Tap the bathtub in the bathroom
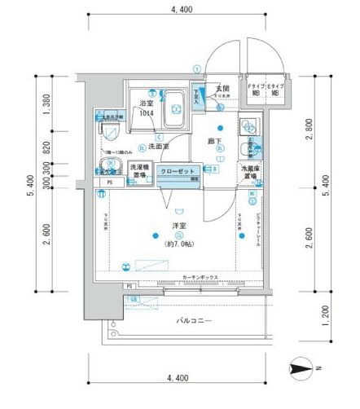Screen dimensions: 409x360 pyautogui.click(x=173, y=109)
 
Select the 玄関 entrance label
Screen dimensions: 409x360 pyautogui.click(x=222, y=89)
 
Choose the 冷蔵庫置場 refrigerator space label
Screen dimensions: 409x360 pyautogui.click(x=249, y=172)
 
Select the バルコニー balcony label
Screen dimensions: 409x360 pyautogui.click(x=194, y=321)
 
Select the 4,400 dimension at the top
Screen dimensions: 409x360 pyautogui.click(x=181, y=9)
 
